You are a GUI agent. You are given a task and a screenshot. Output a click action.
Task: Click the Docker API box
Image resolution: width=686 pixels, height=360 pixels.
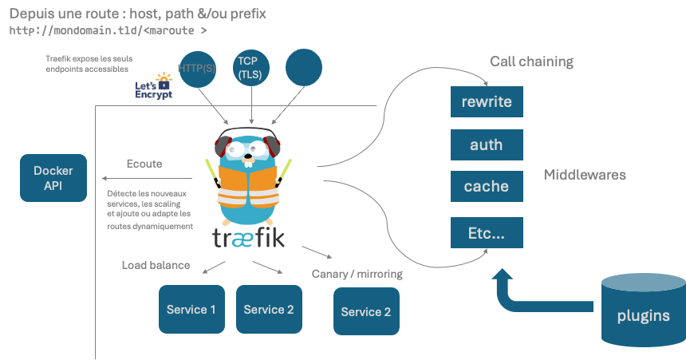[53, 178]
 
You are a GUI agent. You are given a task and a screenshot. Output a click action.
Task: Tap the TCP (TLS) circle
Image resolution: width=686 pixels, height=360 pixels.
[252, 68]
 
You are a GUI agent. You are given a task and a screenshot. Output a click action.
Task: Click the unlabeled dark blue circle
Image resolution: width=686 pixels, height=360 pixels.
[303, 68]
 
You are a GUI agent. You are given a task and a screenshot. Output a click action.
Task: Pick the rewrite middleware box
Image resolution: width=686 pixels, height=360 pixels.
[487, 102]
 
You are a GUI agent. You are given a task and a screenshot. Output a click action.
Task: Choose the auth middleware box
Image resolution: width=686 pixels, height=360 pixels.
[487, 145]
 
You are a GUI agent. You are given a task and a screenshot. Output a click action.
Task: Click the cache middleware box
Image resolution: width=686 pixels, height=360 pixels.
[487, 186]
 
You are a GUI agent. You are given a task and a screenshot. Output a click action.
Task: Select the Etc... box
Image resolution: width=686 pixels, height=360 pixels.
[487, 233]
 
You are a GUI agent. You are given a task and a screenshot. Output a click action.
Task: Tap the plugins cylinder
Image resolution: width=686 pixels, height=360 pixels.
[643, 311]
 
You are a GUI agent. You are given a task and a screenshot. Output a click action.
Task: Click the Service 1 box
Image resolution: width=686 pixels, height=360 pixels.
[191, 309]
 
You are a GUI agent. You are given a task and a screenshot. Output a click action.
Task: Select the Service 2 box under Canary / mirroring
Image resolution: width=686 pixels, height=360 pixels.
[366, 311]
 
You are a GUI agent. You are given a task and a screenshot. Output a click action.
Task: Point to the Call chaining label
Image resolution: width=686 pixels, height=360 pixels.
[531, 61]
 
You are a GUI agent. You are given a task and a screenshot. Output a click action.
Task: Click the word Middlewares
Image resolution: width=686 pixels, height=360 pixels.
[585, 174]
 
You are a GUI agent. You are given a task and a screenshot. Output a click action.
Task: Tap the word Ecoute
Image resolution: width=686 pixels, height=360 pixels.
[144, 164]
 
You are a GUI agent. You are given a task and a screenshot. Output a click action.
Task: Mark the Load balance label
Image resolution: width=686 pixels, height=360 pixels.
[156, 265]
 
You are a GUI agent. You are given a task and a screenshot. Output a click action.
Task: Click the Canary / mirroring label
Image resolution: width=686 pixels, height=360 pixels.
[357, 274]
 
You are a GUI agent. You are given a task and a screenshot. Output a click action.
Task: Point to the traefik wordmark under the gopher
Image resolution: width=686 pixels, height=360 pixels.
[248, 237]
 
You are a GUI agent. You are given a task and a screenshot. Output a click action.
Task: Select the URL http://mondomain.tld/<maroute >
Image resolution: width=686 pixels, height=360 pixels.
[108, 31]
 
